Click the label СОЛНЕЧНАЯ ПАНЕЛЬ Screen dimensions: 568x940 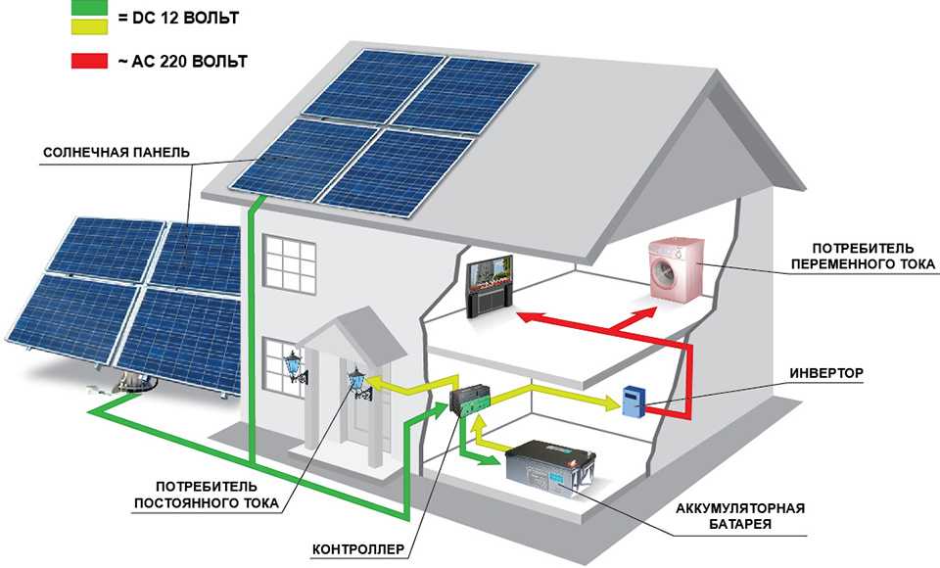[117, 154]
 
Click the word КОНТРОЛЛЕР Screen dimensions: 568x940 [358, 550]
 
